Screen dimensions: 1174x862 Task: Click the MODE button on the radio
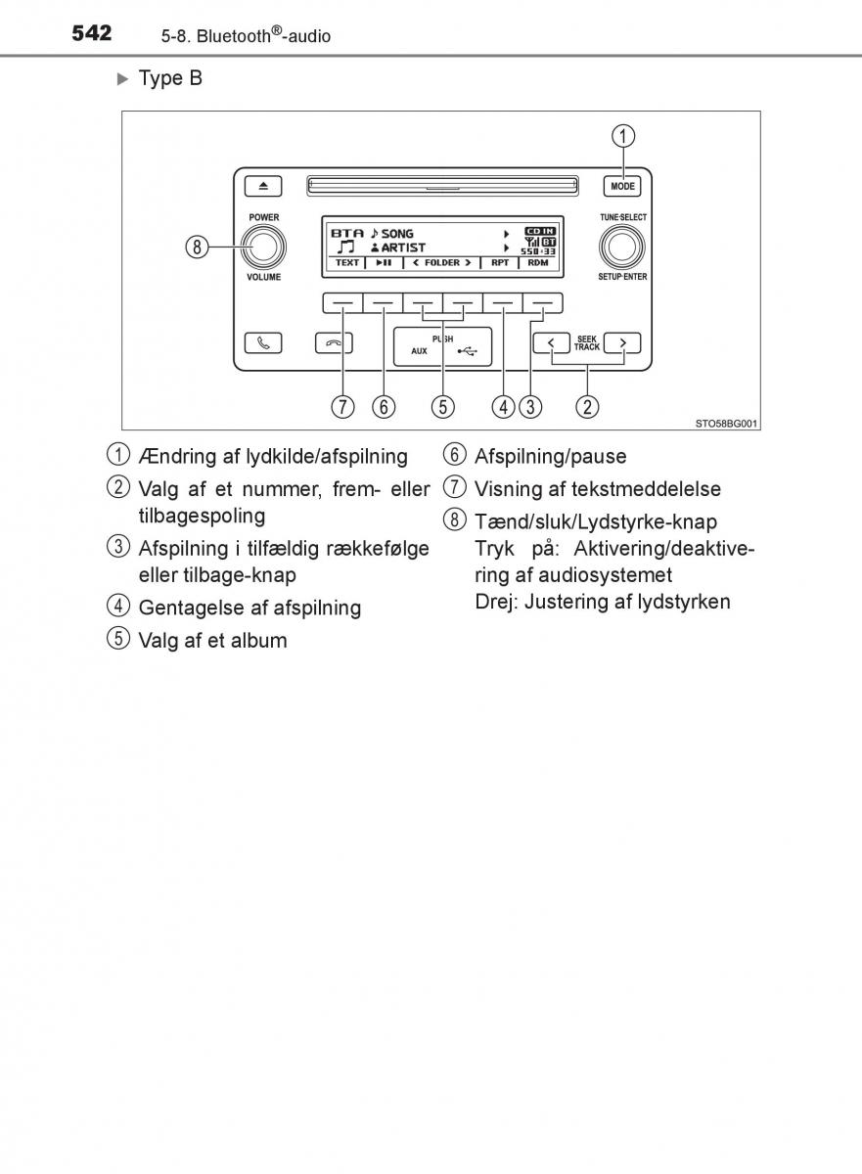pos(622,186)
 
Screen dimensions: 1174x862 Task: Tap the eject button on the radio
pos(263,186)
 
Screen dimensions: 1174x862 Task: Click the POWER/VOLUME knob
pos(263,247)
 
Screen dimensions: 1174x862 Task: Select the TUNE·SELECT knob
pos(622,247)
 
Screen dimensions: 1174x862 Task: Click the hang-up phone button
pos(335,342)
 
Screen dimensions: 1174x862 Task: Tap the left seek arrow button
pos(552,342)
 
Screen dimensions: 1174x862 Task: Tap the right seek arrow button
pos(622,342)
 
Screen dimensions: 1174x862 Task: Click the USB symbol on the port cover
pos(467,350)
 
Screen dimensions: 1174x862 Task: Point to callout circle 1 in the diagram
pos(623,135)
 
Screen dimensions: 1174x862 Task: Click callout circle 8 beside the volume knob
pos(198,248)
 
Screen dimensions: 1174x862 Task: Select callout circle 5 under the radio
pos(443,407)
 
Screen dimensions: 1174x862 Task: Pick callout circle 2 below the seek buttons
pos(587,407)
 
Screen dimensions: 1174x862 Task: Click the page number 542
pos(92,33)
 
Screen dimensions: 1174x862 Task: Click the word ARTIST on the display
pos(403,248)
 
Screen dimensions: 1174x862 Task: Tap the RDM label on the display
pos(537,263)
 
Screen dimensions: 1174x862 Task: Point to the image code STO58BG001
pos(727,424)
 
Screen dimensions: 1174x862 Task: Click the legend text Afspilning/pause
pos(550,456)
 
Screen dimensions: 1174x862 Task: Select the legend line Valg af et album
pos(212,641)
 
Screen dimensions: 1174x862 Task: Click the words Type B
pos(170,78)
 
